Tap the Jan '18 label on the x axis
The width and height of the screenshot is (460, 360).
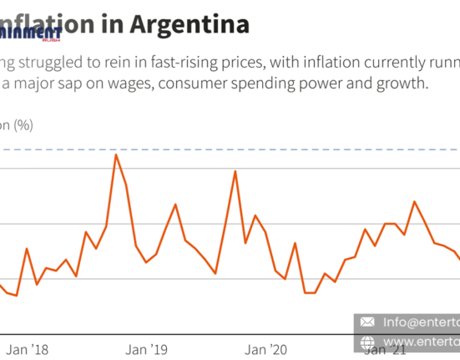click(x=28, y=349)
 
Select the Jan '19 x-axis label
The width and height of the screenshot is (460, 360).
click(x=147, y=349)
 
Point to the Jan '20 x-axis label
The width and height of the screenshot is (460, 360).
click(x=266, y=349)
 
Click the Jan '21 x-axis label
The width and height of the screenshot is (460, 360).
click(x=386, y=350)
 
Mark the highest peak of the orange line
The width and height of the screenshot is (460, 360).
click(x=116, y=155)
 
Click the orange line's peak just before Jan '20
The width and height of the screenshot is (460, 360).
click(x=235, y=171)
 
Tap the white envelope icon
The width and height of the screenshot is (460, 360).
click(x=366, y=322)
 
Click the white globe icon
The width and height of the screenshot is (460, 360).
click(x=366, y=342)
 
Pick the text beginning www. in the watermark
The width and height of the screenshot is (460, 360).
click(x=421, y=342)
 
